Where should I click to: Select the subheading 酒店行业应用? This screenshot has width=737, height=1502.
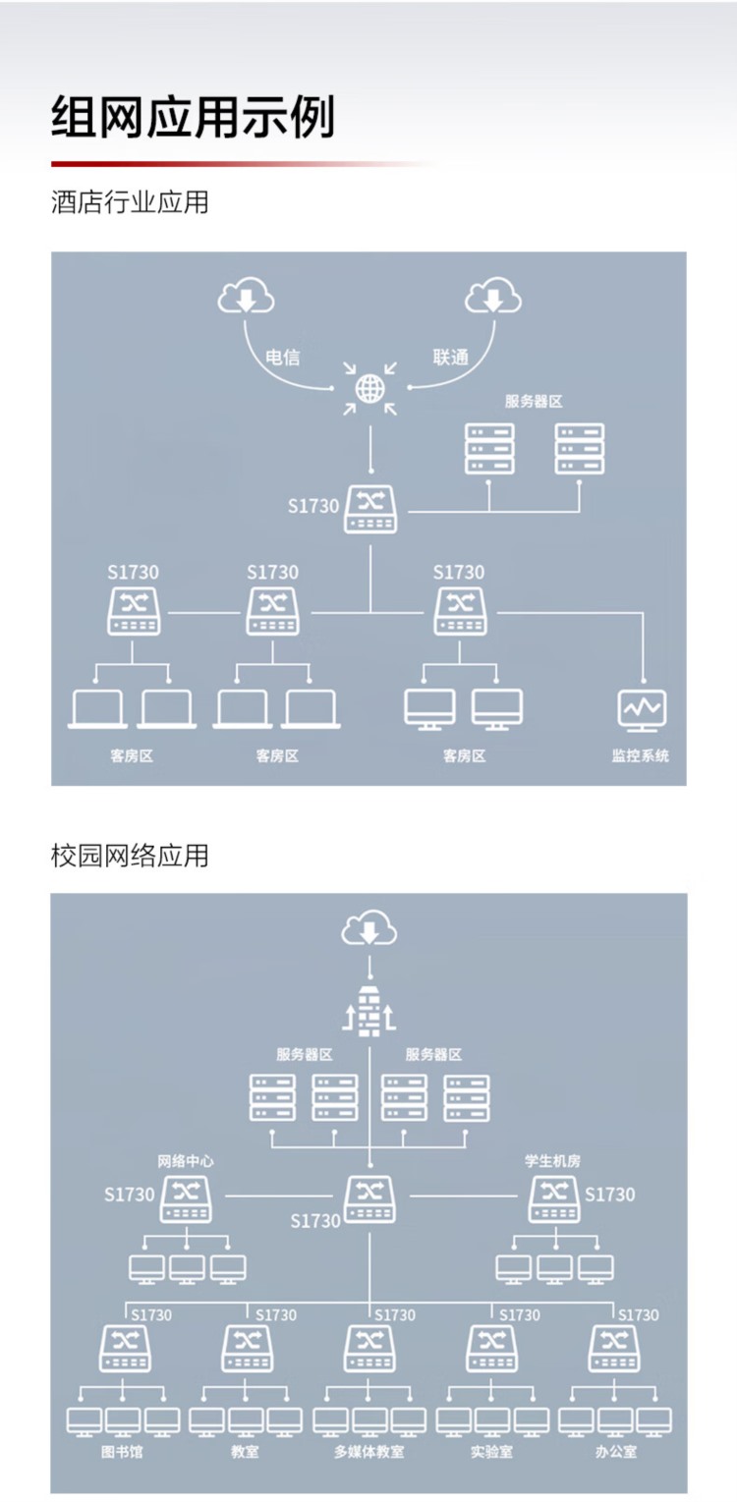pyautogui.click(x=130, y=203)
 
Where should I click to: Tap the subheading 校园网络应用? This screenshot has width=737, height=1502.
pyautogui.click(x=130, y=855)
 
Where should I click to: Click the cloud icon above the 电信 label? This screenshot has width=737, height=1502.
pyautogui.click(x=246, y=295)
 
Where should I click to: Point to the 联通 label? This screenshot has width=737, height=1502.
pyautogui.click(x=451, y=358)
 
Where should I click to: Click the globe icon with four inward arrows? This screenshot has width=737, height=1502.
pyautogui.click(x=369, y=389)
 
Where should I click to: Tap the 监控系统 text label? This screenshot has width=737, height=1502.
pyautogui.click(x=640, y=756)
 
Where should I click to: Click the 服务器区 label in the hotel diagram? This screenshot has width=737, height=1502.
pyautogui.click(x=534, y=401)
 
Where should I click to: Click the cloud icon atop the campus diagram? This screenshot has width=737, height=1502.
pyautogui.click(x=368, y=928)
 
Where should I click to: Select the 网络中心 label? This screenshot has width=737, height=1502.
pyautogui.click(x=186, y=1160)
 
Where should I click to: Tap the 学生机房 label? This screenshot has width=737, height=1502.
pyautogui.click(x=553, y=1160)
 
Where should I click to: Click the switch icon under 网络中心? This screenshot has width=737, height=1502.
pyautogui.click(x=186, y=1198)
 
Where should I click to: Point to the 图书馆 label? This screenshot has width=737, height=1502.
pyautogui.click(x=122, y=1451)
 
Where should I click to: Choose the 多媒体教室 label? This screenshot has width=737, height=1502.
pyautogui.click(x=368, y=1451)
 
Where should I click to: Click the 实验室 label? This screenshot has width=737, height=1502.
pyautogui.click(x=491, y=1451)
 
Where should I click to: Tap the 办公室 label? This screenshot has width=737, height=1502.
pyautogui.click(x=615, y=1451)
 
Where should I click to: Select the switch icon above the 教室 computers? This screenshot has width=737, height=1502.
pyautogui.click(x=247, y=1348)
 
